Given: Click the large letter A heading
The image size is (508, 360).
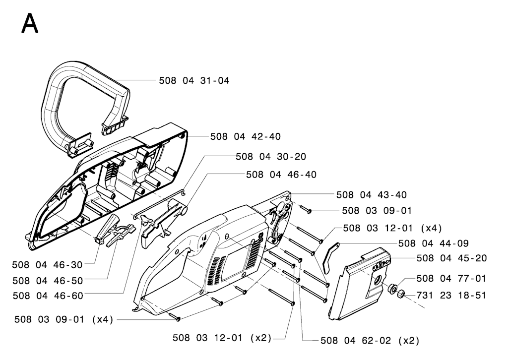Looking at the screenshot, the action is [x=30, y=23].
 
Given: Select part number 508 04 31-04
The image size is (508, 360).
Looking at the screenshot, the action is [x=194, y=81].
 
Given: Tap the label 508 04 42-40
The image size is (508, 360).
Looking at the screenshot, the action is [x=246, y=137].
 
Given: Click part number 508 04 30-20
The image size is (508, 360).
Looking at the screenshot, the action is [x=271, y=157].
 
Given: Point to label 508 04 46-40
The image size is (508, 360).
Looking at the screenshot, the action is [x=281, y=175].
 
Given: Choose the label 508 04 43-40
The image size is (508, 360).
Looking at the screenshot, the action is [x=372, y=195].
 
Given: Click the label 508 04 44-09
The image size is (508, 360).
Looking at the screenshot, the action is [x=434, y=243].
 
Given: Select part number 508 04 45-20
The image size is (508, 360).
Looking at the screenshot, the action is [x=451, y=258].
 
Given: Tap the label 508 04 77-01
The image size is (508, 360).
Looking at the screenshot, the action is [x=451, y=278].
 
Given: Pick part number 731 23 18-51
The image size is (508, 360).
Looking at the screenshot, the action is [x=451, y=296].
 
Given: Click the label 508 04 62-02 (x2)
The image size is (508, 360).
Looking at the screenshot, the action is [x=370, y=341].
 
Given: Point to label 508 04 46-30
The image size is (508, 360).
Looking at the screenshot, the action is [x=47, y=265].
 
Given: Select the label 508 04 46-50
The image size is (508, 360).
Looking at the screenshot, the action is [x=48, y=281].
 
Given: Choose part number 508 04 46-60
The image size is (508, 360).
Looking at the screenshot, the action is [x=48, y=296].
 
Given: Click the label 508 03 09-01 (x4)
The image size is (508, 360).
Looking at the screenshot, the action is [x=64, y=320].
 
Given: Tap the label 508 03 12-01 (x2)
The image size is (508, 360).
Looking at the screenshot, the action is [x=222, y=338].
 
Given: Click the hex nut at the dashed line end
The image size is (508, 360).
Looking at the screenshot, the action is [x=401, y=294].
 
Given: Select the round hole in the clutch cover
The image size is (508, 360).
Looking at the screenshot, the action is [x=378, y=280].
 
